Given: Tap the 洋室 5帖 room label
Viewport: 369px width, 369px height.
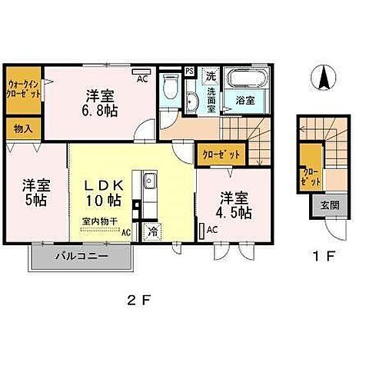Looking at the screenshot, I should pyautogui.click(x=36, y=193).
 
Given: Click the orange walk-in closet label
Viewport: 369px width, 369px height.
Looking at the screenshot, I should pyautogui.click(x=24, y=91).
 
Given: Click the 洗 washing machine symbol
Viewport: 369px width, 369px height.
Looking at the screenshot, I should pyautogui.click(x=211, y=75).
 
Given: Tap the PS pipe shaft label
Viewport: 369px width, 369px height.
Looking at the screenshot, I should pyautogui.click(x=190, y=71).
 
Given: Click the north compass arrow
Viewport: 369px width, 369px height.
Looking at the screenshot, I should pyautogui.click(x=325, y=78).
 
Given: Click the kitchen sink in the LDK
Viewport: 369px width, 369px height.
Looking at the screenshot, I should pyautogui.click(x=149, y=181).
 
